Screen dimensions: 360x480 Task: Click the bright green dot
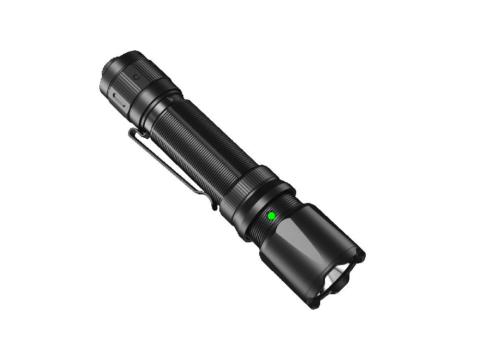click(271, 216)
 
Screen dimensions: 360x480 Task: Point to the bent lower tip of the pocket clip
click(213, 205)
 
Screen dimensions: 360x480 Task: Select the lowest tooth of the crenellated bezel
click(314, 305)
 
